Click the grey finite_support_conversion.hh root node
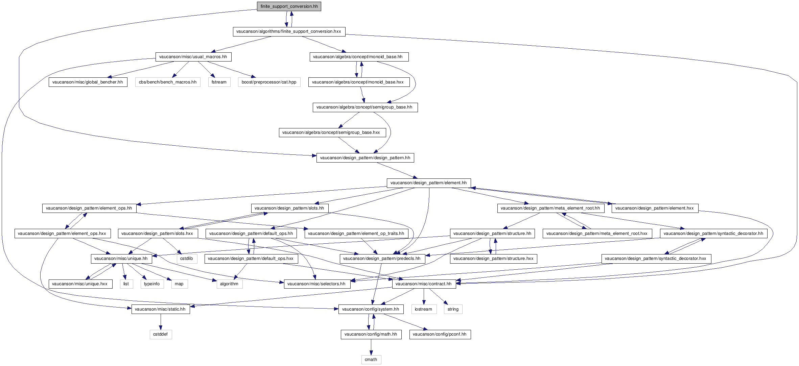289,6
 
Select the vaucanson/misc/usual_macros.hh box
193,57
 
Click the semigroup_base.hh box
365,107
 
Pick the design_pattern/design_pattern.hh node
365,158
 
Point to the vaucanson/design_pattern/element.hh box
428,183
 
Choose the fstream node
219,82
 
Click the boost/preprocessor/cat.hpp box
269,82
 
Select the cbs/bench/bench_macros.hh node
168,82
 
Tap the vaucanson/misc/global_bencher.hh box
88,82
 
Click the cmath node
371,360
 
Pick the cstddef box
160,334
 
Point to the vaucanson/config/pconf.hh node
440,334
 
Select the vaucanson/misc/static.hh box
160,309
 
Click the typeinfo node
152,284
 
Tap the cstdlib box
186,259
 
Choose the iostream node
423,309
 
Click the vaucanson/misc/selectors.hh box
316,284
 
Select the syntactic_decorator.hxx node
656,259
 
